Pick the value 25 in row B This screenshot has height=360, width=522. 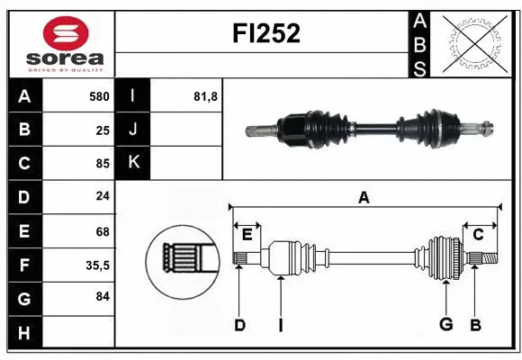[102, 130]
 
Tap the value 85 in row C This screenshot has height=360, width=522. [102, 164]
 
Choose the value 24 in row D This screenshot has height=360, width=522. [102, 197]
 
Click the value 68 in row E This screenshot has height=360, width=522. [102, 231]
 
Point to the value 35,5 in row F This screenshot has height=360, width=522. [97, 265]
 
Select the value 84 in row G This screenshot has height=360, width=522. [102, 297]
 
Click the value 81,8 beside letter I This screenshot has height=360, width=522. [206, 95]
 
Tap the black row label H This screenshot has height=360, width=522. [23, 333]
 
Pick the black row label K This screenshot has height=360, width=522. [133, 163]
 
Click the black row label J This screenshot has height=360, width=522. [133, 130]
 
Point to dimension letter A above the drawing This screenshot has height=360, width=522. [364, 197]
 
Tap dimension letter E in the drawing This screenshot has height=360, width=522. [247, 235]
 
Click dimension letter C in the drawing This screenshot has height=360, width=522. [478, 235]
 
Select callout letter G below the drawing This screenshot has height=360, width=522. [445, 324]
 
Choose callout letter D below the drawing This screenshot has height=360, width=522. [239, 324]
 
